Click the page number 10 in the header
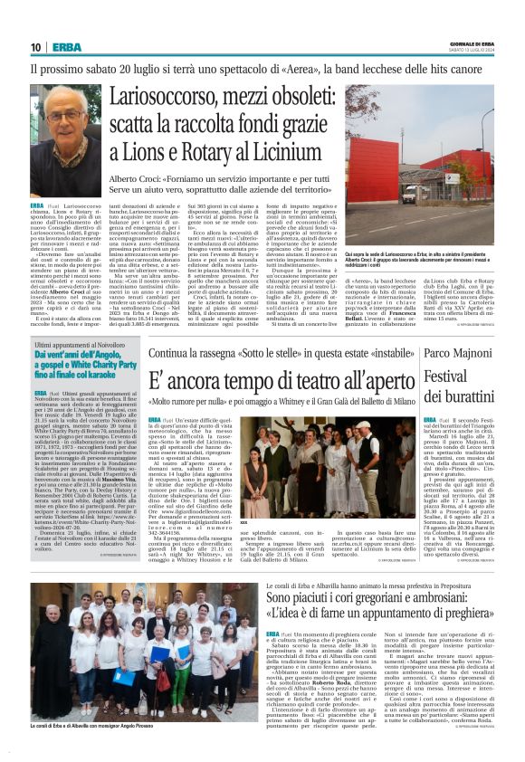click(36, 47)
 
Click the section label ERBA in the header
click(66, 47)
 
